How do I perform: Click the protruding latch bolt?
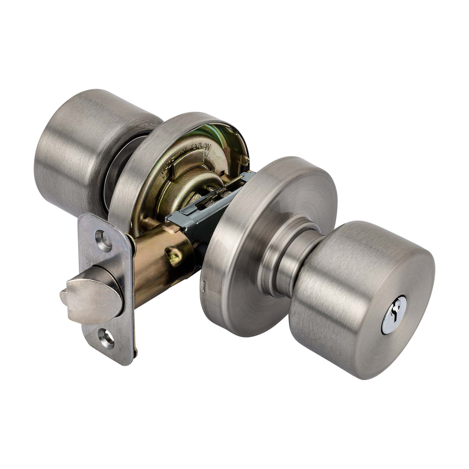coord(92,293)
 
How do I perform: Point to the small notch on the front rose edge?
coord(203,286)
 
